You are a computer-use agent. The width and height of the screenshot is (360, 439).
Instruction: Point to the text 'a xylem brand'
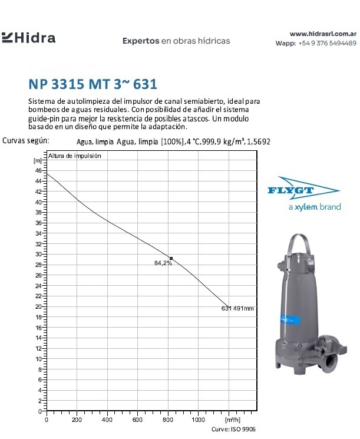(x=314, y=207)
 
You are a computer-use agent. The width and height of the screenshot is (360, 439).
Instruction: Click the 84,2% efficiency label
(x=163, y=263)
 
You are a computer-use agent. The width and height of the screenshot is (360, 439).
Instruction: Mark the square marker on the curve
(x=171, y=258)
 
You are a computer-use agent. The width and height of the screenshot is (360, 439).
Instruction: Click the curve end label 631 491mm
(x=238, y=308)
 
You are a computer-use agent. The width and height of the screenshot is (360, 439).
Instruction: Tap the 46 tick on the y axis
(x=38, y=170)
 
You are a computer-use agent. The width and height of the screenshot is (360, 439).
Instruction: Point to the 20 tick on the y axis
(x=38, y=306)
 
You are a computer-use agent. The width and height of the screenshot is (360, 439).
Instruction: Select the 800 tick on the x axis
(x=168, y=420)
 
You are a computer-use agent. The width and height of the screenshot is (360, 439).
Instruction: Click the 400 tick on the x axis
(x=107, y=420)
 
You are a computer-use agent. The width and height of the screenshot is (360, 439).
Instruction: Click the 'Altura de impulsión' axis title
(x=75, y=156)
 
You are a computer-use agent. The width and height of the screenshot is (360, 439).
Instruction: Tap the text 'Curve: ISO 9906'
(x=235, y=429)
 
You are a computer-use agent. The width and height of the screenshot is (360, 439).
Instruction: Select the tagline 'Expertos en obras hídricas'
(x=176, y=41)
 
